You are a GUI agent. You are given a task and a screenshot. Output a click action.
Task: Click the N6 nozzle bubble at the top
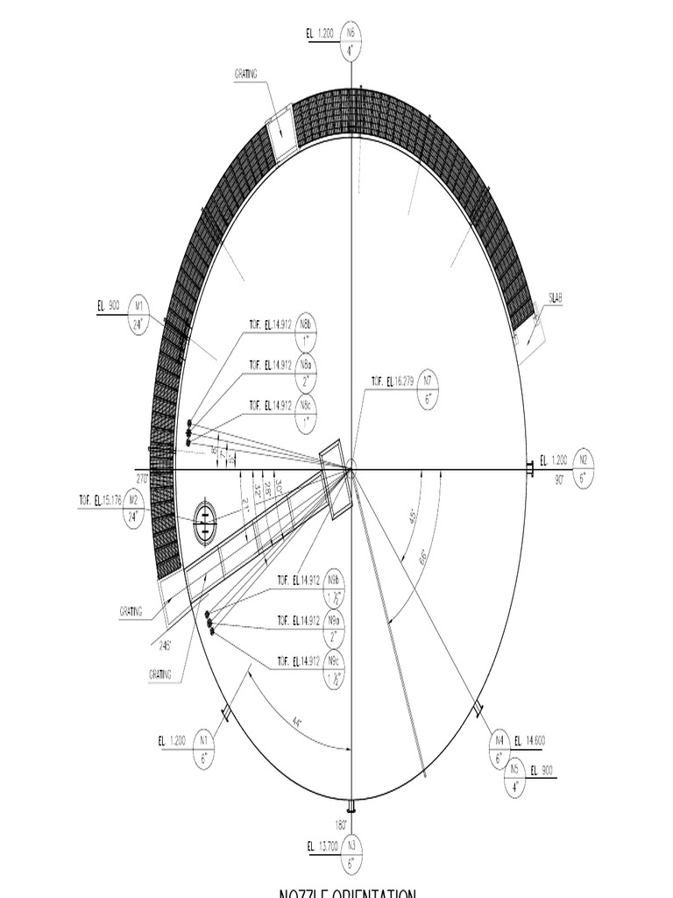pos(351,41)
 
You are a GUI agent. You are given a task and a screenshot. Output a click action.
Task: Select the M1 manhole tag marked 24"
pos(138,315)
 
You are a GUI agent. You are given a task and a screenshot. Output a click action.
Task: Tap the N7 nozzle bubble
pos(429,389)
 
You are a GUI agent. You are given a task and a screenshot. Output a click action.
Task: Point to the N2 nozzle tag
pos(583,468)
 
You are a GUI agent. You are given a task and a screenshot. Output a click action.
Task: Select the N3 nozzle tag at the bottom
pos(351,854)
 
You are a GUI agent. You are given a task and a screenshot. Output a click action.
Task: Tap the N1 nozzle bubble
pos(204,750)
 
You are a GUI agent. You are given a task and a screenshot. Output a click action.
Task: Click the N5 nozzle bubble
pos(514,778)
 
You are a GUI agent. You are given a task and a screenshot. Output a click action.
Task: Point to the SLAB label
pos(555,298)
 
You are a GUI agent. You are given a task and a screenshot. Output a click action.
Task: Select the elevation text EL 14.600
pos(529,741)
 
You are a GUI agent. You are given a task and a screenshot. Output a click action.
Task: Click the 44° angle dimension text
pos(297,722)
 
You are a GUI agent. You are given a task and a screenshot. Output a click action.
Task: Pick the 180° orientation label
pos(341,824)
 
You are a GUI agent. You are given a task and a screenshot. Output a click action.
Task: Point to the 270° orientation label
pos(141,478)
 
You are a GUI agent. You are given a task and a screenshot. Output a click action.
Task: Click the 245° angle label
pos(165,644)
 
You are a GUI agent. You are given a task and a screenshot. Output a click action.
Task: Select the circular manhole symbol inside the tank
pos(204,524)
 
